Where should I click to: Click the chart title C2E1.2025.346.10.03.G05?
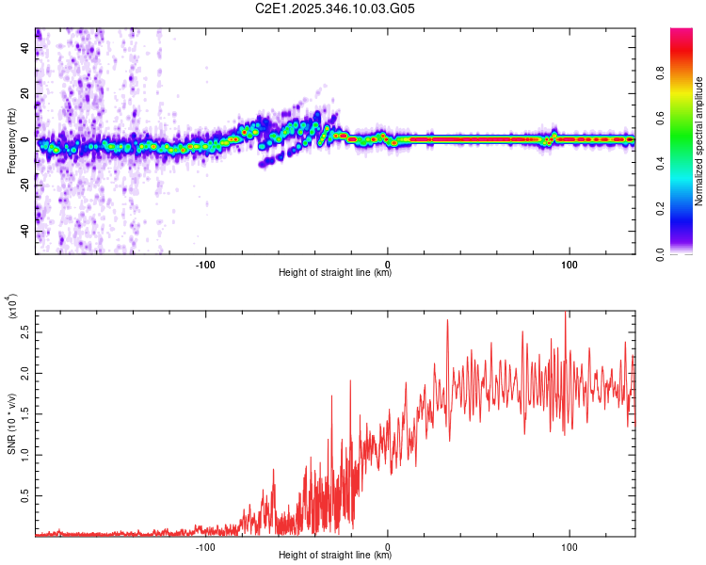click(x=335, y=8)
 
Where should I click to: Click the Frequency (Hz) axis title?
click(x=11, y=140)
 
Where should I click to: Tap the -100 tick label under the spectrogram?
click(x=205, y=263)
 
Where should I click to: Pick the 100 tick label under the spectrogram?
click(x=570, y=263)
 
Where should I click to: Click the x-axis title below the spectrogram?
click(x=335, y=273)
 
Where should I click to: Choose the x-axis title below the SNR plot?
click(x=335, y=556)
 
